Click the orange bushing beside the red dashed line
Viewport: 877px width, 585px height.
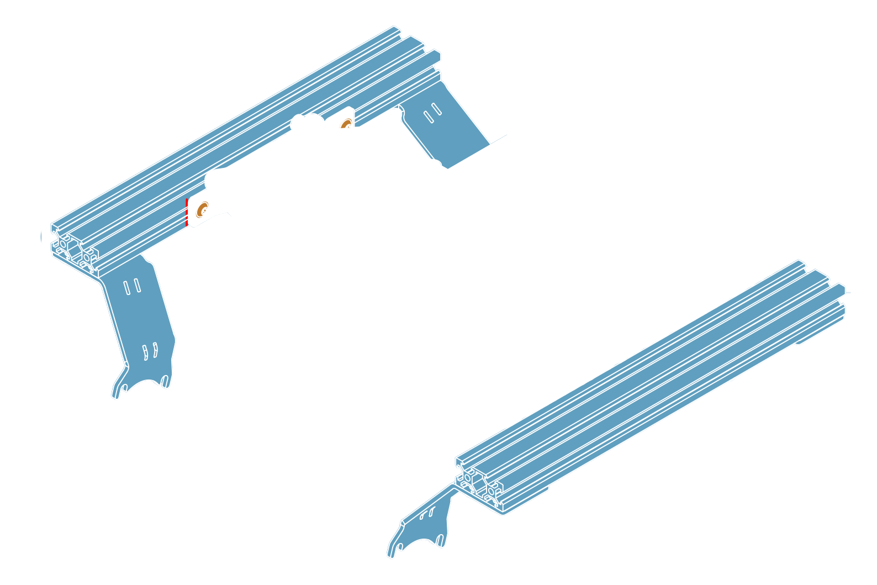click(202, 210)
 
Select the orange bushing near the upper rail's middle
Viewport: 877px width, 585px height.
click(345, 123)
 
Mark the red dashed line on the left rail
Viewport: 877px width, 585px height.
click(187, 213)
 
